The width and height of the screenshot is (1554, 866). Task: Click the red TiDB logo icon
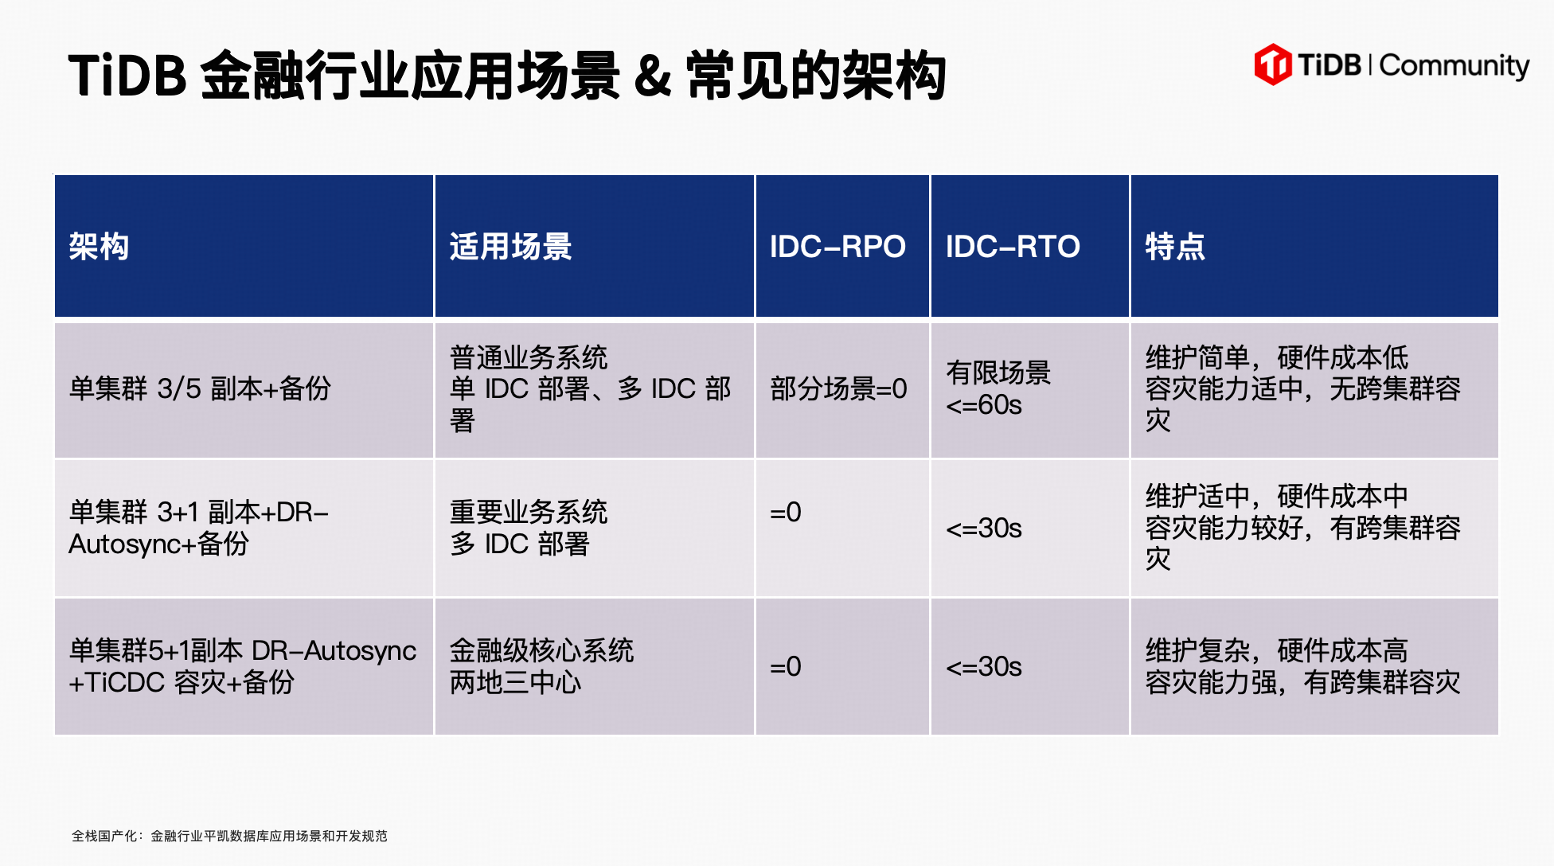coord(1272,64)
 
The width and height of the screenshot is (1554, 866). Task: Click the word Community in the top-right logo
coord(1454,66)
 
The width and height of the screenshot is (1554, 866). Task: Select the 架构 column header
coord(99,246)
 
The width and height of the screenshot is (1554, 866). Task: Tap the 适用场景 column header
coord(510,246)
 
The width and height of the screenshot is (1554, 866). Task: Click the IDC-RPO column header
coord(838,247)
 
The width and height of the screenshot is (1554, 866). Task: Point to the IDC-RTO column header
coord(1013,247)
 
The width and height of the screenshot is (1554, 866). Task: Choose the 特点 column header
coord(1175,246)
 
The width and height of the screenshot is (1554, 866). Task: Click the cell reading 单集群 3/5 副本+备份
coord(200,388)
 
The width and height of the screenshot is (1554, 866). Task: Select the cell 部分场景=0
coord(838,388)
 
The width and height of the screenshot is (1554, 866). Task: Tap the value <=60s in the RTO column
coord(984,405)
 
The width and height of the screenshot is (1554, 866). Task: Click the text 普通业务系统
coord(529,357)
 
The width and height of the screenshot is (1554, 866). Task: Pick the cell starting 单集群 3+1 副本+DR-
coord(199,528)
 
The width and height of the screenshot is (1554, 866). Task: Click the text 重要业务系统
coord(529,512)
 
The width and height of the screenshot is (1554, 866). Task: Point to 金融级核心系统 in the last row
coord(541,650)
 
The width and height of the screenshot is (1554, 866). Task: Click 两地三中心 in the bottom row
coord(515,682)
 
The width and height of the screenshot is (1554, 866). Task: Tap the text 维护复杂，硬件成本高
coord(1276,650)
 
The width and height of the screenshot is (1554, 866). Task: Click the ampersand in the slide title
coord(653,76)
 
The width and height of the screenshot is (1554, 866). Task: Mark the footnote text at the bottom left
coord(229,836)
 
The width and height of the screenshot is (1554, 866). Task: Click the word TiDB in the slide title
coord(127,76)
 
